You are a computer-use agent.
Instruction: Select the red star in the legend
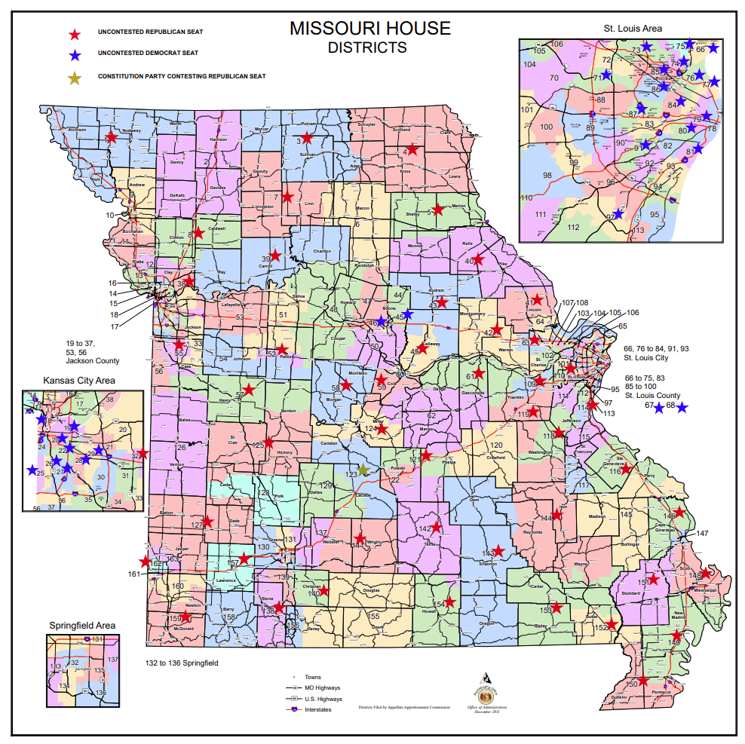point(74,34)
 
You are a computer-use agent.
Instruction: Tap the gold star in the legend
point(74,77)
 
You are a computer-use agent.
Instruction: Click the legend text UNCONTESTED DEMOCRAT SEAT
point(148,54)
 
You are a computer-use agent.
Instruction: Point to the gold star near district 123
point(363,470)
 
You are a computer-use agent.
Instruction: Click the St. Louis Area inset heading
point(632,29)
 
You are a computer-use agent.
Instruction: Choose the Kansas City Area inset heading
point(79,380)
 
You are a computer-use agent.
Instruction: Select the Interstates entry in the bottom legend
point(318,709)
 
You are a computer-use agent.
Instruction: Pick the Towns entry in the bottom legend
point(312,677)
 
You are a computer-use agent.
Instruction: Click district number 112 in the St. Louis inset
point(573,227)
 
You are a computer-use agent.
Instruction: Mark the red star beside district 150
point(643,681)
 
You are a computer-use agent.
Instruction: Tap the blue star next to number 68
point(682,408)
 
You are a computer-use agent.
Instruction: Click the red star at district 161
point(145,562)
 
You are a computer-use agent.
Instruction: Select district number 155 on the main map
point(373,616)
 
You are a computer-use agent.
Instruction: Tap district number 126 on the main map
point(179,447)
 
